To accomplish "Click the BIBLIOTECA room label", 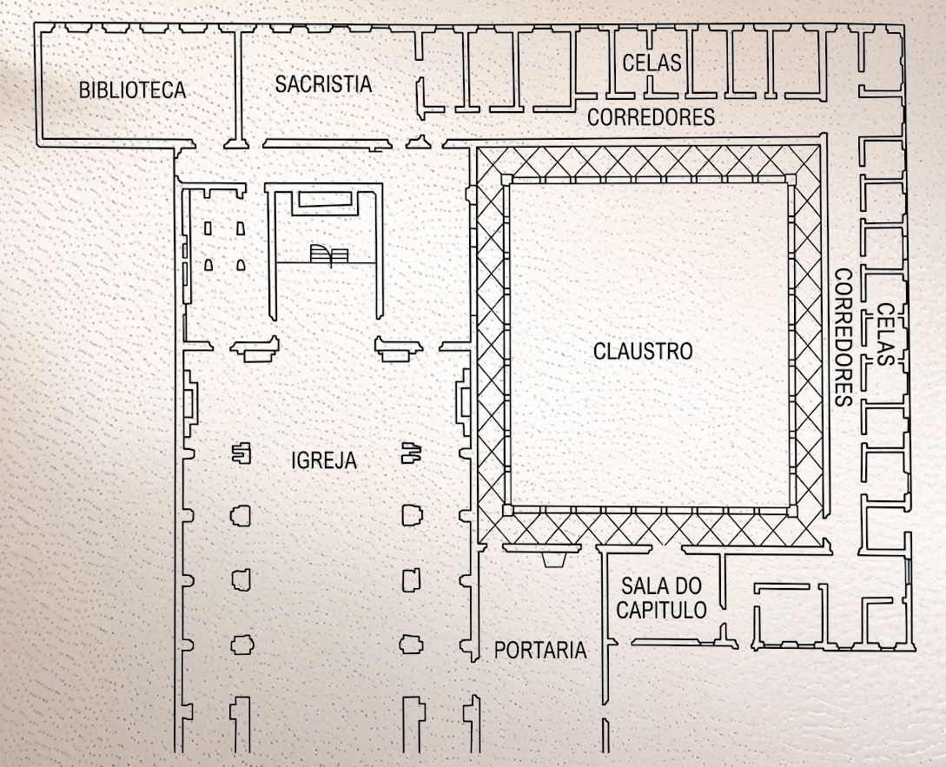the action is (132, 90).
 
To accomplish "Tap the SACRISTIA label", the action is (323, 84).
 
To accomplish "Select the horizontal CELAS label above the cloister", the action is (652, 63).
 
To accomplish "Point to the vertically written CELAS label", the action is (885, 334).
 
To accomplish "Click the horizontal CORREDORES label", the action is (651, 117).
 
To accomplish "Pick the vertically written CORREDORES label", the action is (843, 337).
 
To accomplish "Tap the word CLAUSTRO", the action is (643, 351).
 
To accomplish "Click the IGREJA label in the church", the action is (324, 460).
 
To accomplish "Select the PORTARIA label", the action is (540, 650).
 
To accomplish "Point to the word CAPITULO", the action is (661, 610).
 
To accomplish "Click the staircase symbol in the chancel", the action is (329, 255).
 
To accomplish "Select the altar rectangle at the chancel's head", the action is (325, 199).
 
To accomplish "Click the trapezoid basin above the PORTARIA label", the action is (554, 559).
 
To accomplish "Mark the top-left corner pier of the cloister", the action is (506, 179).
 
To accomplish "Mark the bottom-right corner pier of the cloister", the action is (792, 511).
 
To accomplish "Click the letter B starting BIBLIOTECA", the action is (85, 90).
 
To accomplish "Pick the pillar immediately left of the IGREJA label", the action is (241, 453).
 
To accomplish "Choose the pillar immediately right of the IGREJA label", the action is (412, 453).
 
